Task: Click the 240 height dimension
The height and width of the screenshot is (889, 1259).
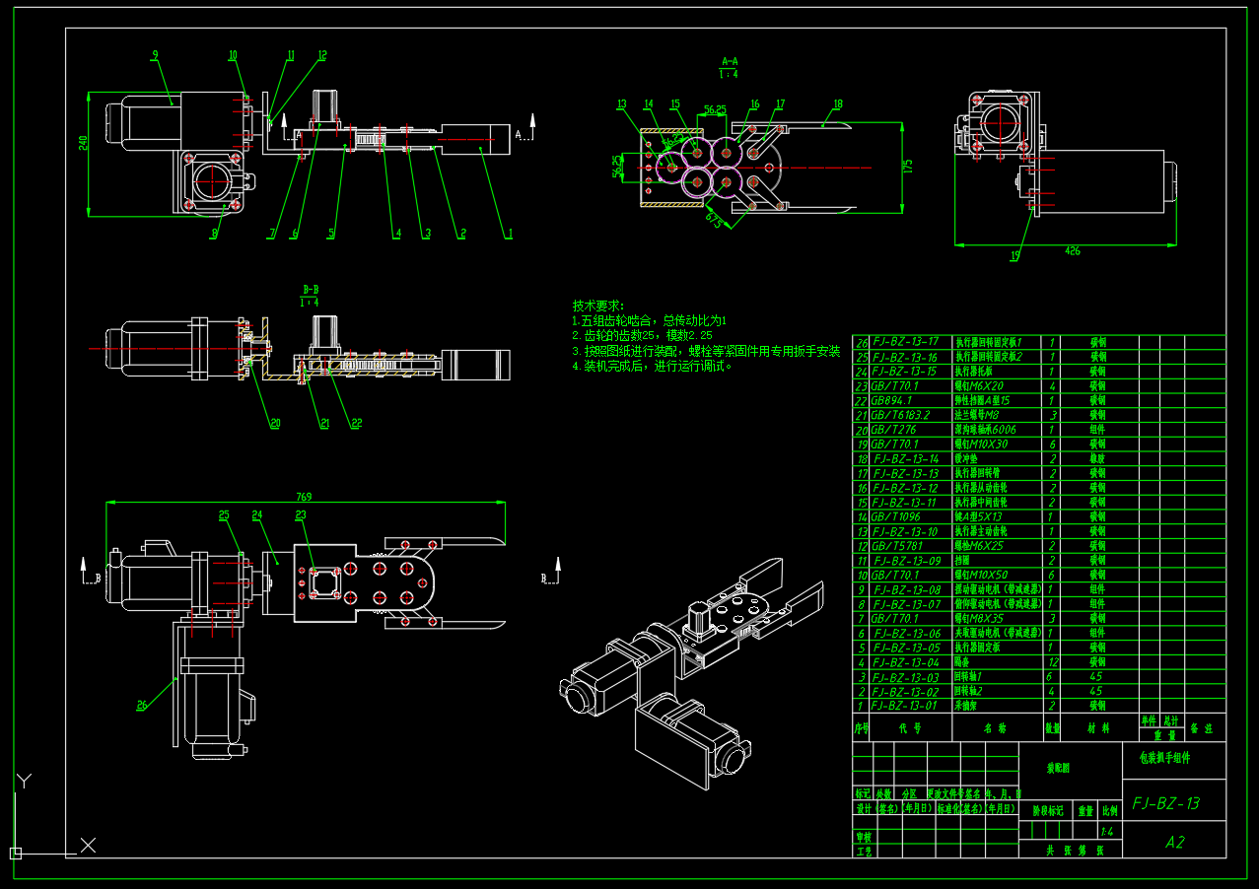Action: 84,143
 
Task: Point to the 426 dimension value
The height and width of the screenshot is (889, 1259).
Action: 1072,250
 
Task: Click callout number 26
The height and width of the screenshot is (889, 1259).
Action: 142,705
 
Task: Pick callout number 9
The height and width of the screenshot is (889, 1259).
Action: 155,55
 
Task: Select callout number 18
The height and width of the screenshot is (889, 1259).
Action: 838,103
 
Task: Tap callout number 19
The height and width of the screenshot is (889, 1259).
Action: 1015,256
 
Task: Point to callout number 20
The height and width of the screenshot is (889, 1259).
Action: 274,424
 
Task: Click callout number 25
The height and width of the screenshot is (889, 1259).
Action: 224,514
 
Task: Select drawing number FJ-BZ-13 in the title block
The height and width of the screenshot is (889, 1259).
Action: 1166,803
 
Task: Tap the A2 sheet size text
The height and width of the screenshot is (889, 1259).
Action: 1174,842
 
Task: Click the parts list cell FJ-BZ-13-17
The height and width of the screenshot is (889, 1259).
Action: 904,342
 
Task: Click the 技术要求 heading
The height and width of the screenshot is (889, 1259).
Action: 598,307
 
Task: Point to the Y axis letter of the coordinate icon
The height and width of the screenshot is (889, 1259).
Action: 25,781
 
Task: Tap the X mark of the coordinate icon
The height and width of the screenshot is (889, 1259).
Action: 88,845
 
